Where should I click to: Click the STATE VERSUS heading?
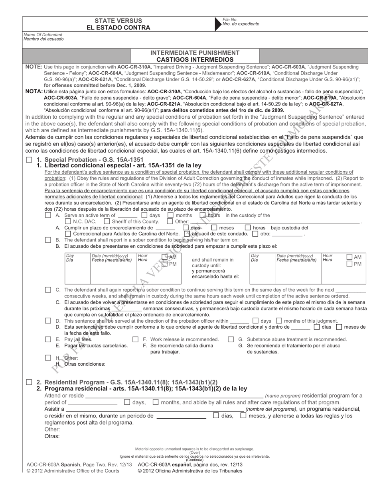[x=118, y=21]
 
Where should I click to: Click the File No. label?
[x=230, y=20]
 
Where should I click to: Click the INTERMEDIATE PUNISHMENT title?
[x=195, y=53]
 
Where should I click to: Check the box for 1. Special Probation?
[x=29, y=160]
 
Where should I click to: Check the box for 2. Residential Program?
[x=29, y=382]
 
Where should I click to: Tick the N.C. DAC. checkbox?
[x=68, y=221]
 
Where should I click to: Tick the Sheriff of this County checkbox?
[x=107, y=221]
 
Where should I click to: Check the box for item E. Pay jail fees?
[x=48, y=339]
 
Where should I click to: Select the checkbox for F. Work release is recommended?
[x=135, y=339]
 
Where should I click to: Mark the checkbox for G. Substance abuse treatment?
[x=231, y=339]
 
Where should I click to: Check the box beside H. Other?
[x=48, y=358]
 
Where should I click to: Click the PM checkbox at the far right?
[x=349, y=264]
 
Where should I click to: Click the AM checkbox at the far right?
[x=349, y=257]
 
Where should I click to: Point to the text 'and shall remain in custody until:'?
[x=213, y=263]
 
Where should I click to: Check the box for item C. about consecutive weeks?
[x=48, y=290]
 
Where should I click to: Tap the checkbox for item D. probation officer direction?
[x=48, y=321]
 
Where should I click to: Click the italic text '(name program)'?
[x=283, y=396]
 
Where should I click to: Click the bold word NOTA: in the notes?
[x=34, y=91]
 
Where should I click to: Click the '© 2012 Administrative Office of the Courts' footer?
[x=73, y=471]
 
